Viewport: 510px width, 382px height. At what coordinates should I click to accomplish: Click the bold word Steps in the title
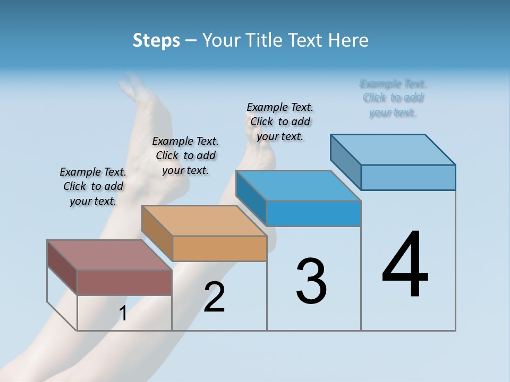click(x=156, y=40)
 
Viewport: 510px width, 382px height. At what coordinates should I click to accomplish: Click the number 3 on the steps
click(x=311, y=281)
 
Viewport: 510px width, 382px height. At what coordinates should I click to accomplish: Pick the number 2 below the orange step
click(x=214, y=297)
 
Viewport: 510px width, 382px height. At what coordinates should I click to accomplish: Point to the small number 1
click(x=123, y=314)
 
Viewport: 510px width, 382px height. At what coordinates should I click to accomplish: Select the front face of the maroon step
click(x=124, y=282)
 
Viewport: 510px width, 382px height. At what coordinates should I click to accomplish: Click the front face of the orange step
click(x=219, y=248)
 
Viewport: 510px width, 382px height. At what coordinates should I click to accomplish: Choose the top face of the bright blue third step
click(x=299, y=186)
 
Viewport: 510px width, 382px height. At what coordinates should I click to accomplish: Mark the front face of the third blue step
click(x=313, y=213)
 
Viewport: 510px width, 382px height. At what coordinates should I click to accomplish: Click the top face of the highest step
click(x=393, y=149)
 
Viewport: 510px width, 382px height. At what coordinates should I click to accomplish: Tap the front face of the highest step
click(x=408, y=177)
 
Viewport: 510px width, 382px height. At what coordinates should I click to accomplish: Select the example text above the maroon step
click(x=93, y=186)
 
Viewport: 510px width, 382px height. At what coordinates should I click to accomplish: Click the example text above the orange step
click(x=185, y=155)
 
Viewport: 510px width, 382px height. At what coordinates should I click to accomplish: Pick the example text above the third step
click(x=280, y=121)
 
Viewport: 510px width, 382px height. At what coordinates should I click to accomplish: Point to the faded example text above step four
click(x=393, y=98)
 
